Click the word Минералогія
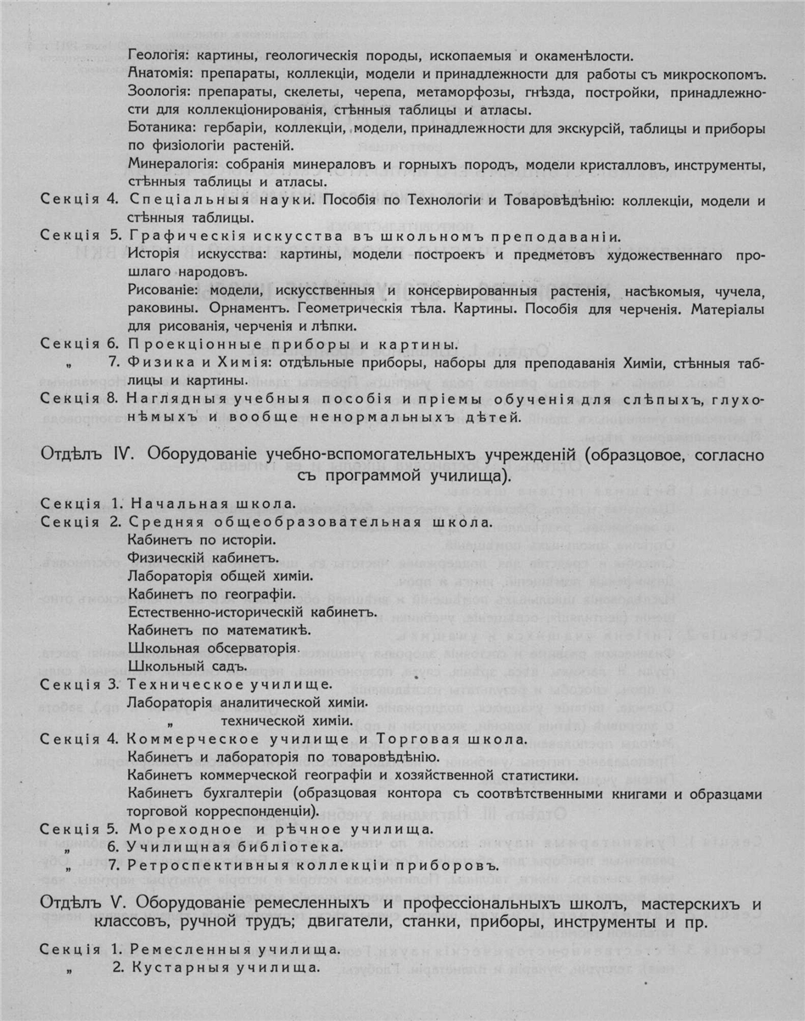[x=171, y=164]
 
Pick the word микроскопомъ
[x=717, y=74]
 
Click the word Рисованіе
[x=160, y=291]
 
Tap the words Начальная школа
[x=215, y=503]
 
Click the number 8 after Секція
[x=112, y=397]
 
